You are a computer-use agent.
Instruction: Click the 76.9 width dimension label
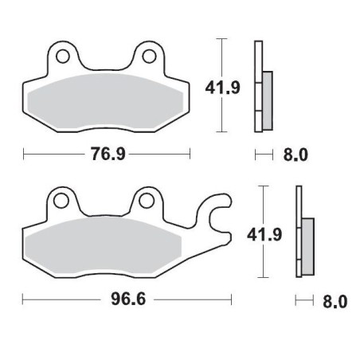point(107,154)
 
